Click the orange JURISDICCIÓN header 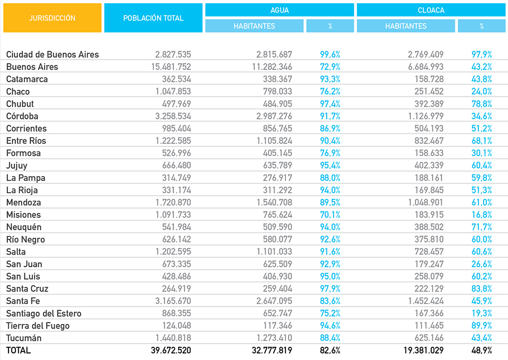pos(52,18)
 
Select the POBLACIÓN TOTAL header pos(153,18)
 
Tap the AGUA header pos(279,10)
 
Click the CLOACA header pos(431,10)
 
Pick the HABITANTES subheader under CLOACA pos(406,26)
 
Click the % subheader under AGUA pos(330,26)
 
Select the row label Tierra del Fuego pos(38,326)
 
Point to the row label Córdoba pos(22,116)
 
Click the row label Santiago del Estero pos(44,313)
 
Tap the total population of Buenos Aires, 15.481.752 pos(171,67)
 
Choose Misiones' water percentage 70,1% pos(330,215)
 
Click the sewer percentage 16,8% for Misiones pos(482,215)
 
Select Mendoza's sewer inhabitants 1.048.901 pos(426,203)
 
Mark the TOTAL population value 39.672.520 pos(171,350)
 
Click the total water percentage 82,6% pos(330,350)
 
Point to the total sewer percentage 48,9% pos(482,350)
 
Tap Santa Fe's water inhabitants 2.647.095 pos(274,301)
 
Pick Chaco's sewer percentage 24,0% pos(482,91)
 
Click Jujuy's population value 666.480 pos(176,165)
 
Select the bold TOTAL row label pos(18,350)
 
